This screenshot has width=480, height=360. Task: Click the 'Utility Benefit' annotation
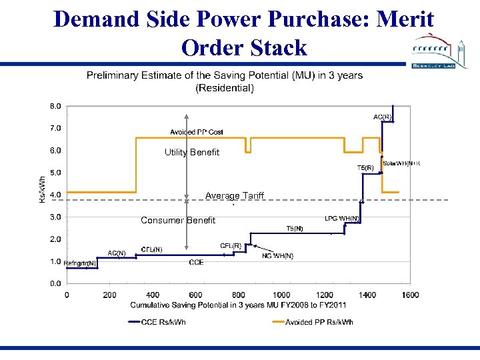[x=192, y=153]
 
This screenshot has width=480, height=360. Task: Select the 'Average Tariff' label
[x=235, y=196]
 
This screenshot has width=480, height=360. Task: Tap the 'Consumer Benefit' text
[x=178, y=221]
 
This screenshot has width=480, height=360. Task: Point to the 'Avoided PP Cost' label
[x=197, y=132]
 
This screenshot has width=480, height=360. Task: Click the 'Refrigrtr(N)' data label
[x=81, y=263]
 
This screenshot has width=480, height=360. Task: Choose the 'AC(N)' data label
[x=117, y=253]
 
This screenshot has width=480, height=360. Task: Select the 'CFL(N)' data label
[x=151, y=249]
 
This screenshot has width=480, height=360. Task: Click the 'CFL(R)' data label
[x=231, y=246]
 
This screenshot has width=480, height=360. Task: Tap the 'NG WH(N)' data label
[x=277, y=255]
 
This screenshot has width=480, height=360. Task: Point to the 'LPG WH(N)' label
[x=342, y=218]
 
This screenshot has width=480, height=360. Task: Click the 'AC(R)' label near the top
[x=382, y=117]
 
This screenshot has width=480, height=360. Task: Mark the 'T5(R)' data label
[x=365, y=168]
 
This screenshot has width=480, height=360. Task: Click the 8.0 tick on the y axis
[x=55, y=106]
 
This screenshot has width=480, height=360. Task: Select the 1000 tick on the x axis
[x=281, y=295]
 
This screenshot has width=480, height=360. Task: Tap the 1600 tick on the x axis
[x=411, y=295]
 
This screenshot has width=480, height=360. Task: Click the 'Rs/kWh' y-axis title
[x=43, y=189]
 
